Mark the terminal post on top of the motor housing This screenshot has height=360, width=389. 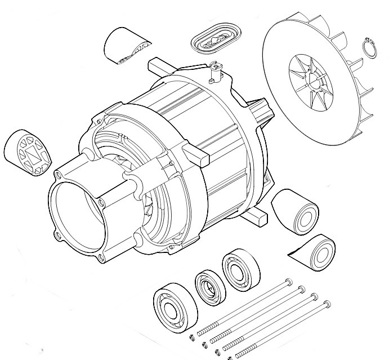(214, 70)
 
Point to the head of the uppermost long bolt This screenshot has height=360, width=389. (288, 280)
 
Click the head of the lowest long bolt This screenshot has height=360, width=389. (326, 304)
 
